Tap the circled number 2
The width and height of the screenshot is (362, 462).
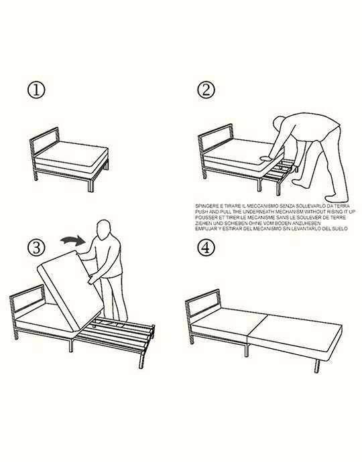click(206, 90)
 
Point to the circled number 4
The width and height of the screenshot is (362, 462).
click(206, 248)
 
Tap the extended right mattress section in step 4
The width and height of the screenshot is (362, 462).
click(295, 331)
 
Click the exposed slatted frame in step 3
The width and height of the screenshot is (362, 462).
click(121, 331)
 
